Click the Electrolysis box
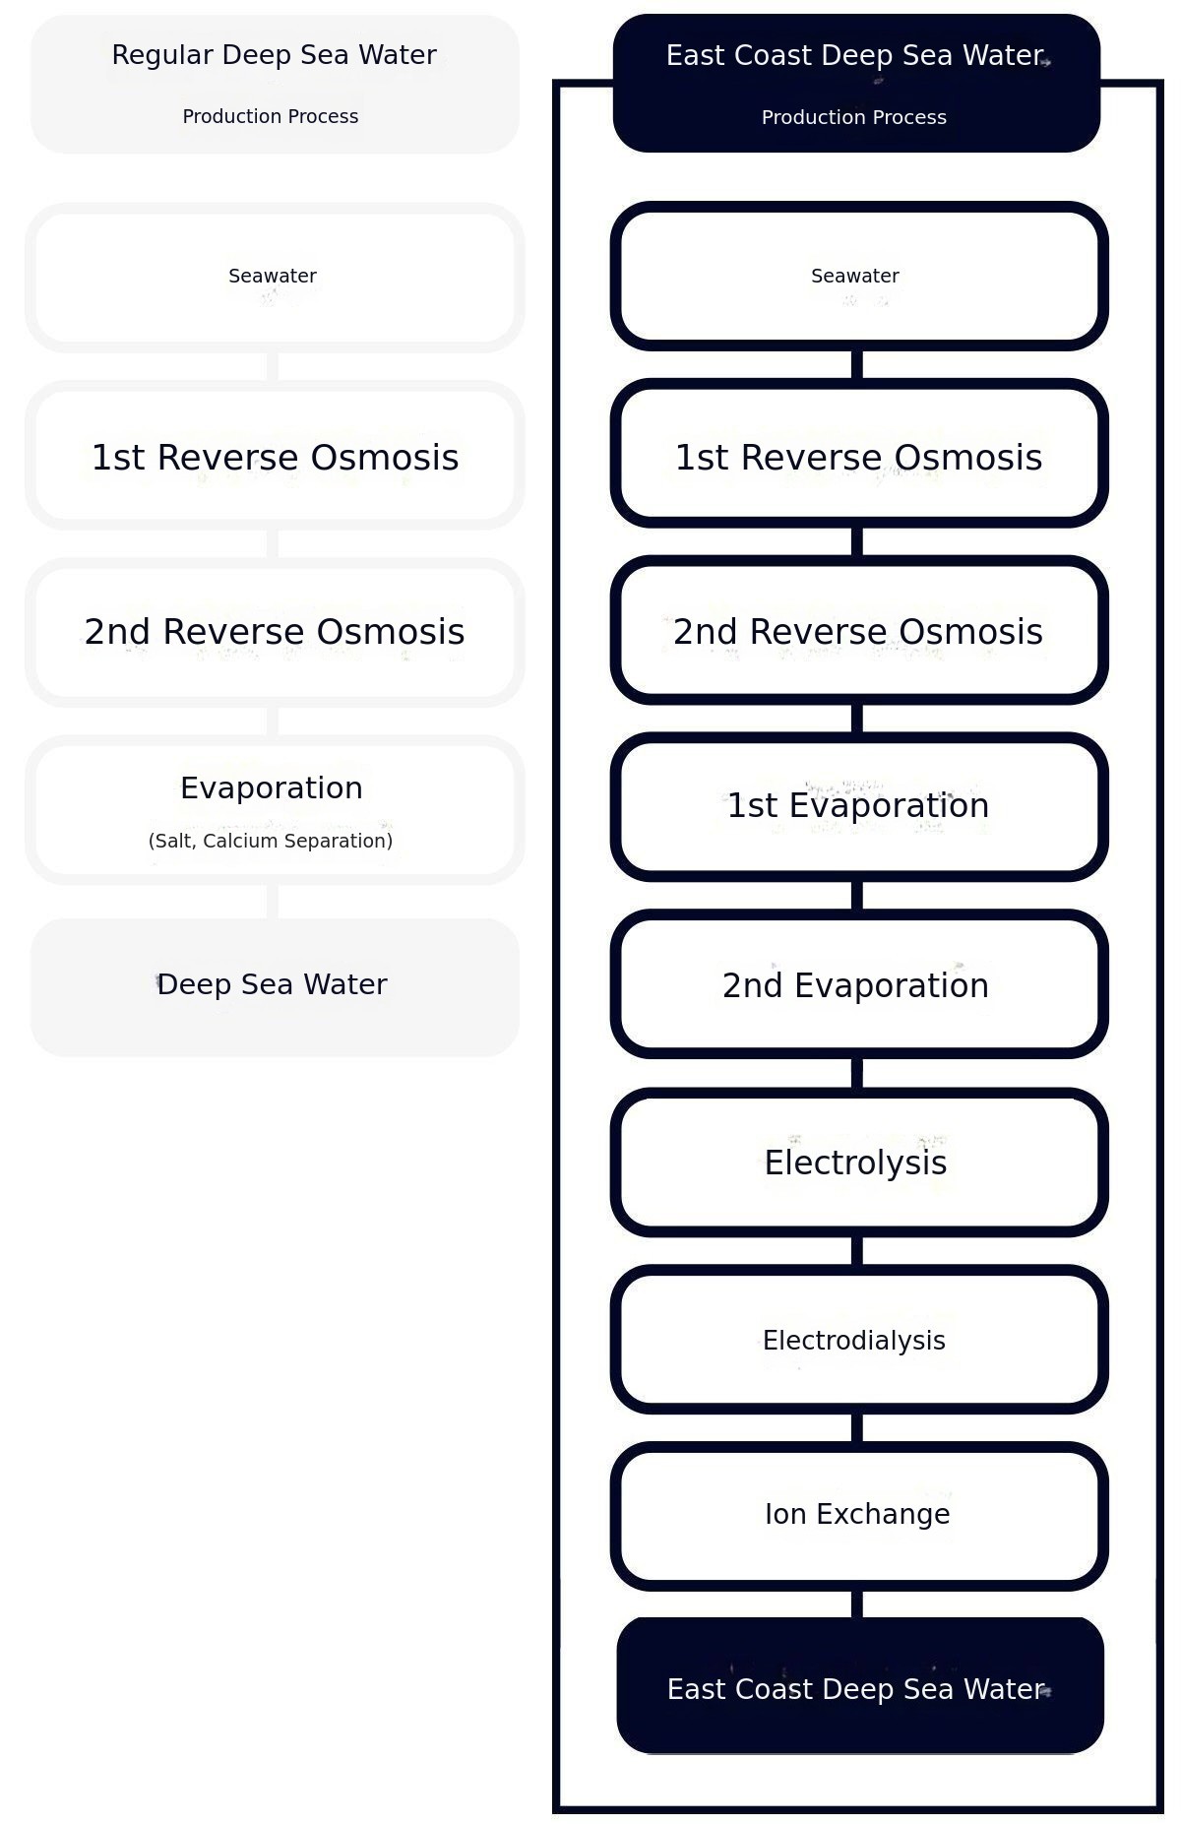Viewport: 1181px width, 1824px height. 859,1162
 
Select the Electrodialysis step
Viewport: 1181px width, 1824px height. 859,1339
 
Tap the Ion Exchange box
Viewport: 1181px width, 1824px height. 859,1516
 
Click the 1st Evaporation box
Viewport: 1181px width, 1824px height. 859,806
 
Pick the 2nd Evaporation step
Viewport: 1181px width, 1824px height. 859,983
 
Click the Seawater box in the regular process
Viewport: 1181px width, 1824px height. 275,278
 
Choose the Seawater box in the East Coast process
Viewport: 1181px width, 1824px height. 859,276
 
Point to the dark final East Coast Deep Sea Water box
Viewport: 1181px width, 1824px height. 860,1684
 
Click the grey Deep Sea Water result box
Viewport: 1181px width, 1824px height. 275,987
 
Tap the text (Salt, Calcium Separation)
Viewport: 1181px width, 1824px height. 271,841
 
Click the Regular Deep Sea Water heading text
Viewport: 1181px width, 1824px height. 274,55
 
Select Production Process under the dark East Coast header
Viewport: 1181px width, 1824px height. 854,117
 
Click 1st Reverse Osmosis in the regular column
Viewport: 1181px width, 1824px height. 275,458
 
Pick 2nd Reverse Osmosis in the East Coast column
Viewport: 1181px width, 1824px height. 858,632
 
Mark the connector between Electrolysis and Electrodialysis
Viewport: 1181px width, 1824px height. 857,1250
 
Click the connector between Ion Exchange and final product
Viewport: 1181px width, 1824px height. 857,1604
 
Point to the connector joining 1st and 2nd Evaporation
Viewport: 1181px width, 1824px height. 857,895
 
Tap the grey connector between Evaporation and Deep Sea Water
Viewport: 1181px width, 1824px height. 273,901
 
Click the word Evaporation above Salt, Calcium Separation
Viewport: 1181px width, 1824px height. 272,787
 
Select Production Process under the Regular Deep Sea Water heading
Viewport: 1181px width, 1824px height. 271,116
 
